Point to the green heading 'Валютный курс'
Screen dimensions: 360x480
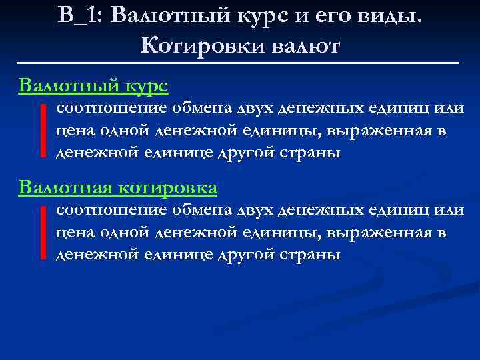93,85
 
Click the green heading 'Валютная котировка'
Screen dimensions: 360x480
118,188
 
